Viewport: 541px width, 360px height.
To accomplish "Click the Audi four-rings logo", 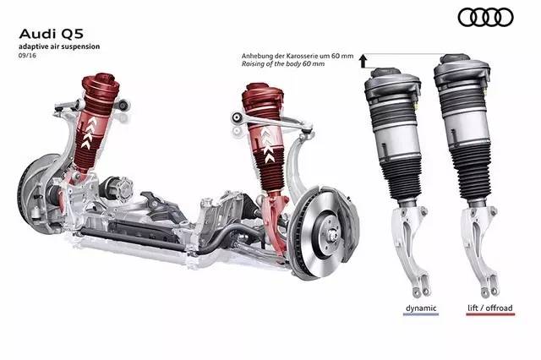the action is [x=485, y=18].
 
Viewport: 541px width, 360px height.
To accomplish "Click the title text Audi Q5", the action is [x=51, y=34].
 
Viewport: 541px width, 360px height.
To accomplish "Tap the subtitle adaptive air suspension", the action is [x=59, y=46].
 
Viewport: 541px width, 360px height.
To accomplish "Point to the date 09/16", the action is [x=27, y=55].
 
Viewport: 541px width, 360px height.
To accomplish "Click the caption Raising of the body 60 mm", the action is [x=283, y=63].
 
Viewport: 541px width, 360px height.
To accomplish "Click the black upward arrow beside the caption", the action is [x=363, y=61].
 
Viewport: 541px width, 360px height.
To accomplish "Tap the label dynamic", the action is [x=421, y=308].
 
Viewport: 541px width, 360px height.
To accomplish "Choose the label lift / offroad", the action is [x=490, y=308].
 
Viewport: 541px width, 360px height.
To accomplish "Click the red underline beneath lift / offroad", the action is [x=490, y=314].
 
